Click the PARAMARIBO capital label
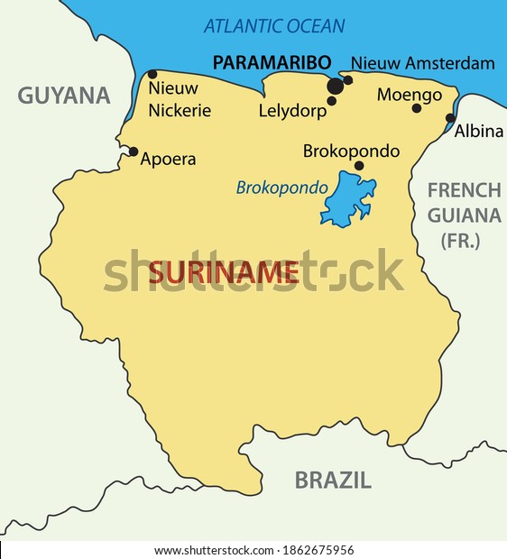(270, 63)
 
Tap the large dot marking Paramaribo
(336, 86)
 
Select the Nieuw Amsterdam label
(422, 63)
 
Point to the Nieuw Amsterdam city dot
(348, 80)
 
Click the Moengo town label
(409, 94)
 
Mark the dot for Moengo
(416, 108)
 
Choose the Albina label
(478, 131)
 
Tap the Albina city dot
(450, 117)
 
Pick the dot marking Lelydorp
(332, 101)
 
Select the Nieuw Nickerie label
(180, 99)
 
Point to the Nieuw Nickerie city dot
(152, 75)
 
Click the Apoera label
(168, 160)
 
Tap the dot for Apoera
(134, 151)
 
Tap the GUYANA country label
(63, 96)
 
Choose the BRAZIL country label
(332, 480)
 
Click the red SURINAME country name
(223, 271)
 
